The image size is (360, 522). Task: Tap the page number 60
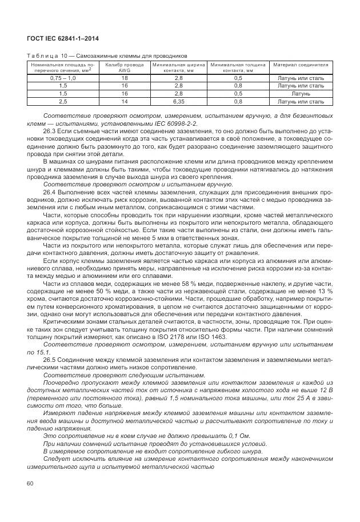[30, 484]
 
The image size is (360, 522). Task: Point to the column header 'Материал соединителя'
[301, 65]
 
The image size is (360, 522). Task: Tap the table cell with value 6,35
[178, 101]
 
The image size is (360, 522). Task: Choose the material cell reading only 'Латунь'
[301, 93]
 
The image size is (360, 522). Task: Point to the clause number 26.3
[50, 131]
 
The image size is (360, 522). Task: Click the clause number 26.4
[50, 193]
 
